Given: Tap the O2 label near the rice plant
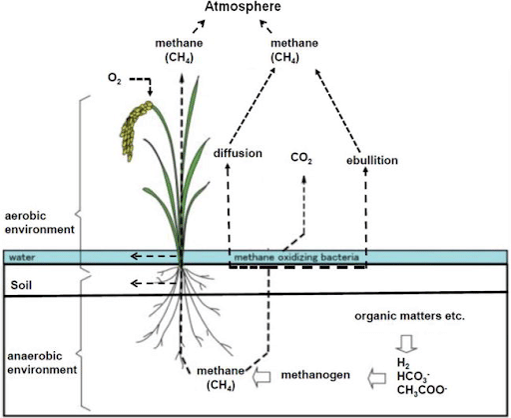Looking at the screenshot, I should click(x=116, y=77).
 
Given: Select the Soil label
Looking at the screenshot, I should click(x=23, y=285).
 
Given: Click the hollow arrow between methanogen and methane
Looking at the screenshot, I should click(x=263, y=376).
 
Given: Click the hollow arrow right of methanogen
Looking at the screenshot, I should click(x=375, y=376).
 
